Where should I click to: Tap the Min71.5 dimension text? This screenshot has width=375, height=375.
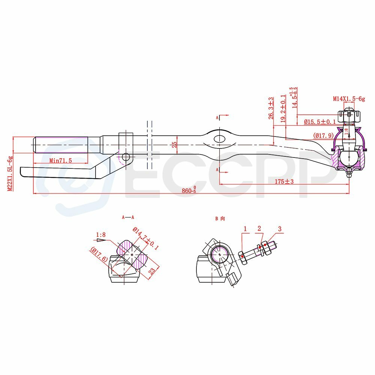coord(60,160)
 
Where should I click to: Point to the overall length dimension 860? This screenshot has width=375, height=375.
coord(189,190)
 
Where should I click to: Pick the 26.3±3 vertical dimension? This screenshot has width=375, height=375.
coord(271,108)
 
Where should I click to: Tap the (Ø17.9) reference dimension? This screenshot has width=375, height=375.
coord(323,136)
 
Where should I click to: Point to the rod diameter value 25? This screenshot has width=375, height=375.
coord(174,145)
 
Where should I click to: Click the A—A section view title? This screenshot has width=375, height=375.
coord(128,217)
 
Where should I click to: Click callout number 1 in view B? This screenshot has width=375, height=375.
coord(245,228)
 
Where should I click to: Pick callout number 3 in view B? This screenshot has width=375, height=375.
coord(279,228)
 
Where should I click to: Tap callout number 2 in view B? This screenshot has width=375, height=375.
coord(259,228)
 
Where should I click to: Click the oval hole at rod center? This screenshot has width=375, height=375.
coord(220,139)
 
